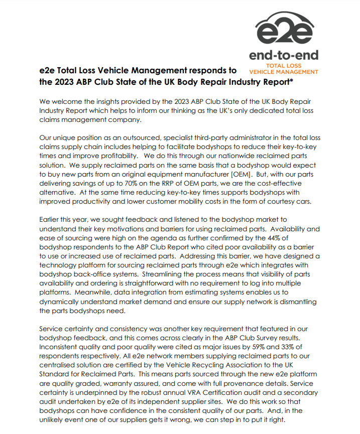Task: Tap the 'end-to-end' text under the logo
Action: pyautogui.click(x=284, y=56)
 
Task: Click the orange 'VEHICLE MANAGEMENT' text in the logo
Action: pyautogui.click(x=284, y=72)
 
